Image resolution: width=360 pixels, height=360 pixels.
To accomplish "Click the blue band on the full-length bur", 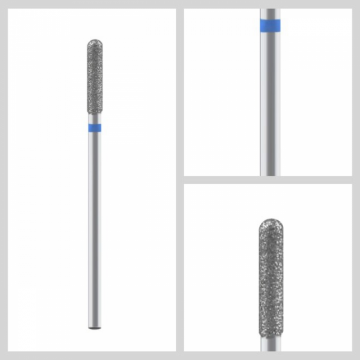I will tap(89, 127).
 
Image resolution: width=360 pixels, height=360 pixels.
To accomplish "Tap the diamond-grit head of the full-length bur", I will tap(89, 80).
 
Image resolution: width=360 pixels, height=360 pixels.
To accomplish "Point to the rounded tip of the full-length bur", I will tap(89, 41).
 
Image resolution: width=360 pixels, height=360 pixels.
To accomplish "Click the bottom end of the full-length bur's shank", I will tap(89, 322).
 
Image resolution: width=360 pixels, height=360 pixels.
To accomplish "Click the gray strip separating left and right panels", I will tap(178, 180).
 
